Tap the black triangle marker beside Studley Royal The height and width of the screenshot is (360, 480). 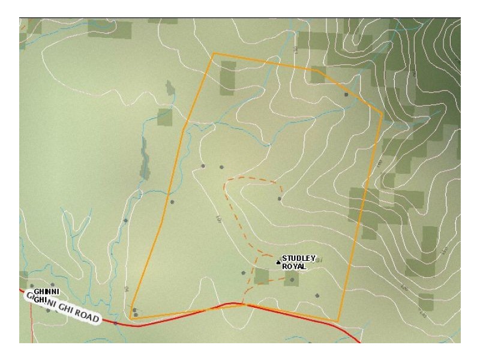click(x=278, y=262)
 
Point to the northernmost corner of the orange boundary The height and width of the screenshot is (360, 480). click(x=214, y=53)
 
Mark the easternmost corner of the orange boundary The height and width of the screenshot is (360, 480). click(x=382, y=112)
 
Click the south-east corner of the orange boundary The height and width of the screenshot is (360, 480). click(x=338, y=322)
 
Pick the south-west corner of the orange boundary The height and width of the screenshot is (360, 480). click(x=130, y=318)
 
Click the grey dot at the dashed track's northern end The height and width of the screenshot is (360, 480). click(x=280, y=199)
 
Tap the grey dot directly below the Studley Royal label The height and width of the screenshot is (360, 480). click(x=292, y=280)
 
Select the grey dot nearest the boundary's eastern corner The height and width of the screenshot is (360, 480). click(x=346, y=94)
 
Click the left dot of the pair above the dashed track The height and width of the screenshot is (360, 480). click(x=203, y=166)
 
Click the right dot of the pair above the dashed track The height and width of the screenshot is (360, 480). click(x=222, y=167)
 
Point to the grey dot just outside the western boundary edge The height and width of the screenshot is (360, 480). click(x=172, y=202)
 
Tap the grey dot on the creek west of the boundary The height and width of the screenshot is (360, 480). click(x=125, y=221)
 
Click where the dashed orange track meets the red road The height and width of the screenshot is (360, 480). click(x=242, y=304)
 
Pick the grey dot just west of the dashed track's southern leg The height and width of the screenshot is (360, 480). click(x=243, y=273)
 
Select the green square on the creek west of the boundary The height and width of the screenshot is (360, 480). click(x=164, y=118)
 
